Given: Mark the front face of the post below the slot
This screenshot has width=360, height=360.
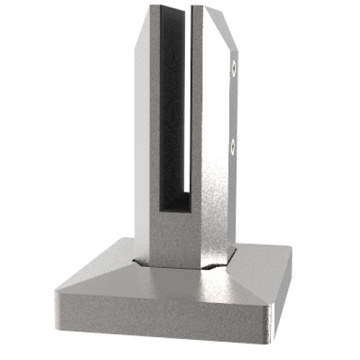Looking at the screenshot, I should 180,240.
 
